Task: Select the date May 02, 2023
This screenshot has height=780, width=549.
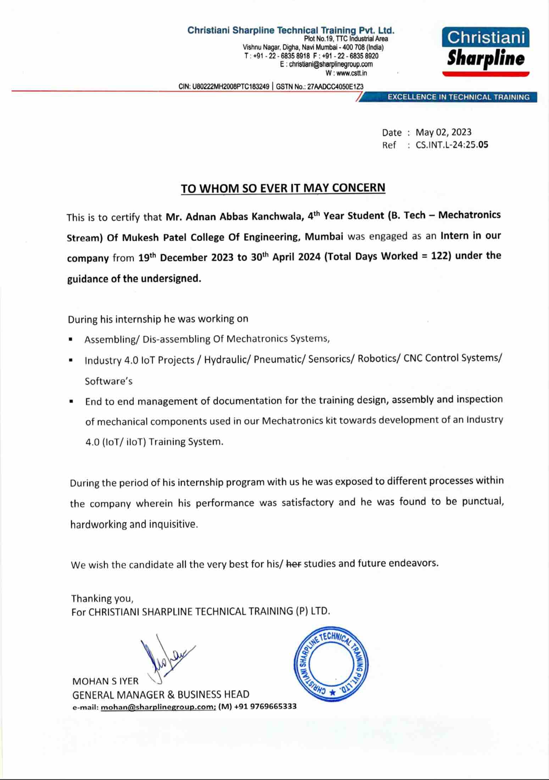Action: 443,132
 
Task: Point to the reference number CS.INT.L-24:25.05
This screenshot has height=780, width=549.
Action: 452,145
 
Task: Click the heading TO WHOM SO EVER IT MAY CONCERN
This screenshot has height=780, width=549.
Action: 283,188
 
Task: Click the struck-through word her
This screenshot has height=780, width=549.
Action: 293,564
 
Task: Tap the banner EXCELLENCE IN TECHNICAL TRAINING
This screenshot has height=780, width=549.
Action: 458,97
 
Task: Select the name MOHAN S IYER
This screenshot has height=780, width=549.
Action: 105,681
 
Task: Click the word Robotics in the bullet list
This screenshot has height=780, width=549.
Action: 377,359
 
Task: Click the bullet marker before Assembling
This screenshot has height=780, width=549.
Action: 71,340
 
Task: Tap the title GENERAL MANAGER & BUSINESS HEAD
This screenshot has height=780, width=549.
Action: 161,694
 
